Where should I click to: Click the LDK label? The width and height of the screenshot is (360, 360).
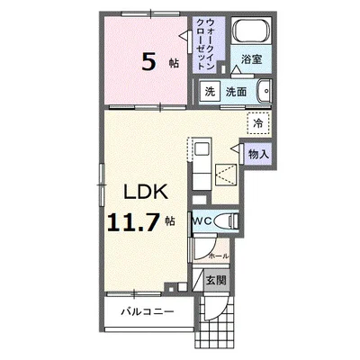coord(146,191)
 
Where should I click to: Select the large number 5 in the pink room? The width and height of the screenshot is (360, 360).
coord(149,63)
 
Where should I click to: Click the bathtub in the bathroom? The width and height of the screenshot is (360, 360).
coord(251,30)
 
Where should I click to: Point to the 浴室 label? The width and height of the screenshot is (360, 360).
coord(251,59)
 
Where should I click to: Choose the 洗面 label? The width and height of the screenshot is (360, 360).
coord(236,92)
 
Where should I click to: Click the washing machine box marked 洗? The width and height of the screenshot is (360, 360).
coord(210,91)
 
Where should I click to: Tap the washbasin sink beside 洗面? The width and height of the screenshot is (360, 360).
coord(264,91)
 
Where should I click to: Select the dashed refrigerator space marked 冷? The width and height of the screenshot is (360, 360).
coord(258,123)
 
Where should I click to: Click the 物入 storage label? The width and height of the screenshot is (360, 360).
coord(258,155)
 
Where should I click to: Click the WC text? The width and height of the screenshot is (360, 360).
coord(202,221)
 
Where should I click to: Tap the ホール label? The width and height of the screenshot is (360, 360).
coord(219,256)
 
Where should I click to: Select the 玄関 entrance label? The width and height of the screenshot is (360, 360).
coord(216,280)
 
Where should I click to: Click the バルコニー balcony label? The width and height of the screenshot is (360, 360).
coord(148,311)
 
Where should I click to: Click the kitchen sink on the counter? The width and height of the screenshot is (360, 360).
coord(202,149)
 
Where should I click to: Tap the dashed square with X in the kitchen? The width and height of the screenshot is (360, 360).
coord(226,175)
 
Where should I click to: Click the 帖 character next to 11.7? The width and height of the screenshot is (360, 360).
coord(170,221)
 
